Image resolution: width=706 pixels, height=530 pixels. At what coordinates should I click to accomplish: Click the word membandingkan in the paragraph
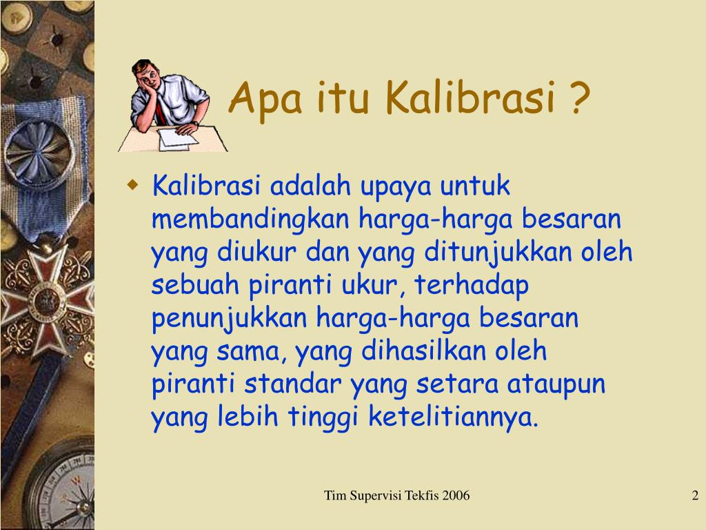pos(251,221)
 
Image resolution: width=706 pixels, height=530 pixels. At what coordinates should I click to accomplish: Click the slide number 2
pos(695,495)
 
